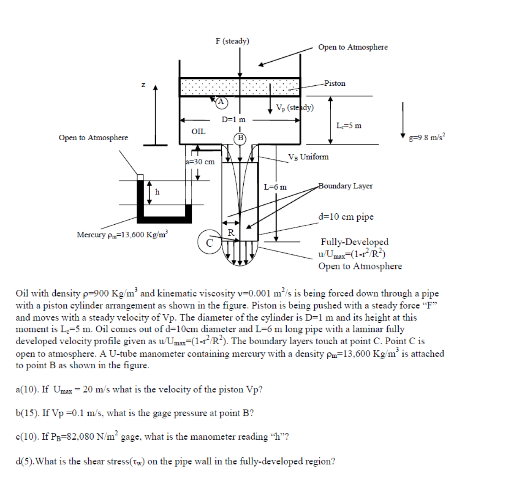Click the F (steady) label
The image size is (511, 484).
(x=232, y=41)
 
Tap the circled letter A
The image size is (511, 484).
(x=221, y=101)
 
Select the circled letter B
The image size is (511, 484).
(x=240, y=138)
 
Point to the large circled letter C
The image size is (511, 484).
(x=209, y=242)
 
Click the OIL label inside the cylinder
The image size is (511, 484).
(x=198, y=132)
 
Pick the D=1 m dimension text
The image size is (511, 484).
(x=234, y=120)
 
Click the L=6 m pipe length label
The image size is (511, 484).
(x=275, y=187)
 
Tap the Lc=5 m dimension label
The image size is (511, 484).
(x=349, y=125)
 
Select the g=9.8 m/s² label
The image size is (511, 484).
(x=427, y=137)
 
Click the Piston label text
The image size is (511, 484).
(x=335, y=83)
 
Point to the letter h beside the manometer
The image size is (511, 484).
(x=158, y=192)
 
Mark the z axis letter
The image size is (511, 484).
(x=144, y=85)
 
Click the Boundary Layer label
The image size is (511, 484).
(x=345, y=186)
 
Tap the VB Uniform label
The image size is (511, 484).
(x=308, y=157)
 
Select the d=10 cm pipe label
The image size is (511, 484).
(x=346, y=217)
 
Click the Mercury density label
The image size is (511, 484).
(x=122, y=234)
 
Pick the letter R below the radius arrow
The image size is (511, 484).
(x=231, y=232)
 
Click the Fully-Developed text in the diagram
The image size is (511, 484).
(x=354, y=242)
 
